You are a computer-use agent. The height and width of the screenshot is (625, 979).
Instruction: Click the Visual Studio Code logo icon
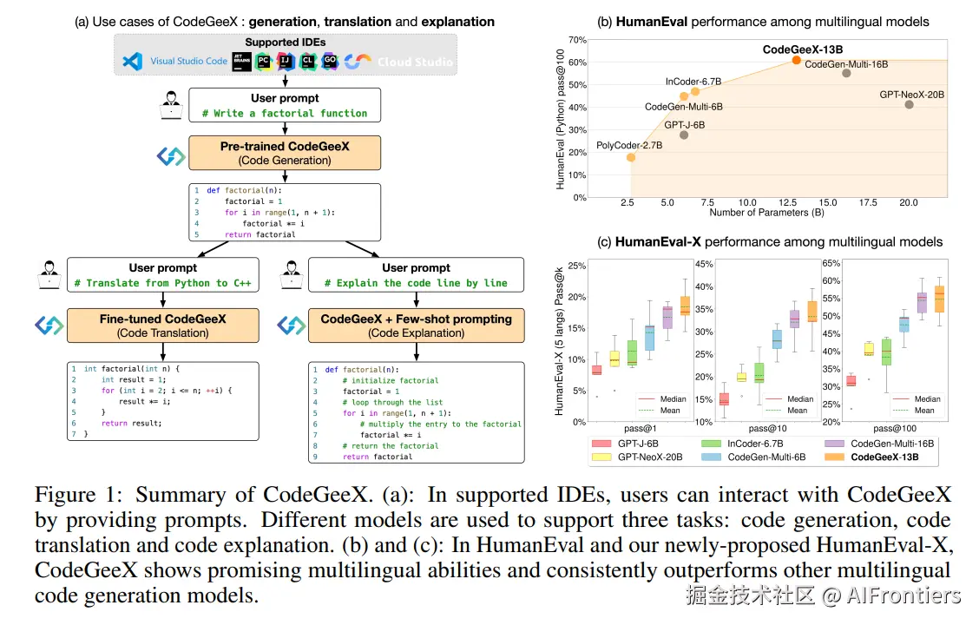tap(132, 62)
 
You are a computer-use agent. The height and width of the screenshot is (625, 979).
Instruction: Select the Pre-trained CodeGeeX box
tap(285, 153)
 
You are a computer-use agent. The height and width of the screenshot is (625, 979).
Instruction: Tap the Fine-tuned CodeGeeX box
tap(163, 326)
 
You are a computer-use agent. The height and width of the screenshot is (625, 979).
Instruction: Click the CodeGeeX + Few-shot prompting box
tap(417, 326)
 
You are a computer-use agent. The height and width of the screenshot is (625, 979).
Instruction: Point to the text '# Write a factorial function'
tap(285, 113)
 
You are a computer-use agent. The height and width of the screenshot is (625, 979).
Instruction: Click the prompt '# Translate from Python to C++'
tap(163, 283)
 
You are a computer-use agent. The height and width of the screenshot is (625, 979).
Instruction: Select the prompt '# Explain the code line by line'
tap(417, 283)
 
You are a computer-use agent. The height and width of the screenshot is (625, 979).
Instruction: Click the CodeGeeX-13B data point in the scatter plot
tap(797, 60)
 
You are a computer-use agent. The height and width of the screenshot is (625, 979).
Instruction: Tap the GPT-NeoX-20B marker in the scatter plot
tap(909, 104)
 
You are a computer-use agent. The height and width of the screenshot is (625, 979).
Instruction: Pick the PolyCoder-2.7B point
tap(631, 157)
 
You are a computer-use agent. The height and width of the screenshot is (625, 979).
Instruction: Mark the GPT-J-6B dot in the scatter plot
tap(684, 135)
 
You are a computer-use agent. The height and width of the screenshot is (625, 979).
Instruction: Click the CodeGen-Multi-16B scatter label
tap(846, 63)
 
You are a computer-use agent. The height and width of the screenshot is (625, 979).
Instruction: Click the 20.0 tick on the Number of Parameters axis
tap(908, 202)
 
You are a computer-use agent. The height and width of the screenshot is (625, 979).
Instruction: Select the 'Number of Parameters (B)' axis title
tap(766, 213)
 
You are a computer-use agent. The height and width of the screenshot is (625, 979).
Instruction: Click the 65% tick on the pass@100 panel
tap(831, 262)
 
